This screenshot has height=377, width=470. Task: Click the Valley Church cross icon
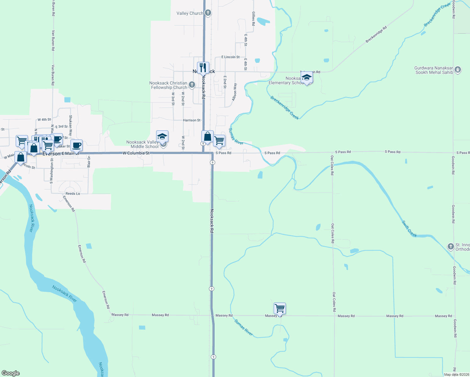tap(208, 13)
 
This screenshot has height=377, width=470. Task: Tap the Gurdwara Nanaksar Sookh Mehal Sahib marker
tap(458, 70)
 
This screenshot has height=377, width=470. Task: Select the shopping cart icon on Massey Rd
tap(280, 308)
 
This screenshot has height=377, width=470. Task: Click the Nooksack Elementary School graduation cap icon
tap(307, 78)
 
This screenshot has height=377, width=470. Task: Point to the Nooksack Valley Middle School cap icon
tap(162, 136)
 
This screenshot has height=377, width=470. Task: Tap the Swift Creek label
tap(409, 228)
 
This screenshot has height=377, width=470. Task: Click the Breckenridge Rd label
tap(376, 35)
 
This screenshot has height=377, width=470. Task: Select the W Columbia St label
tap(136, 153)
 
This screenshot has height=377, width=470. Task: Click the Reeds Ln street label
tap(73, 194)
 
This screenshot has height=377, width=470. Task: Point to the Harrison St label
tap(192, 120)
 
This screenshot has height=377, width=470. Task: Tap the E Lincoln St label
tap(230, 57)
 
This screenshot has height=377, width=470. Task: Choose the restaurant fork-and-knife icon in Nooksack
tap(203, 68)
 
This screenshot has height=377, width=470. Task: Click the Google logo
tap(11, 373)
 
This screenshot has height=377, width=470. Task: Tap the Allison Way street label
tap(234, 92)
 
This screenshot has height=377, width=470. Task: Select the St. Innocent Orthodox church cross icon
tap(451, 247)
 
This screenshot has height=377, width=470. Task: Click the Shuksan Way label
tap(71, 125)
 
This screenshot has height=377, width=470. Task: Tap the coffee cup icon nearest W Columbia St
tap(76, 145)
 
